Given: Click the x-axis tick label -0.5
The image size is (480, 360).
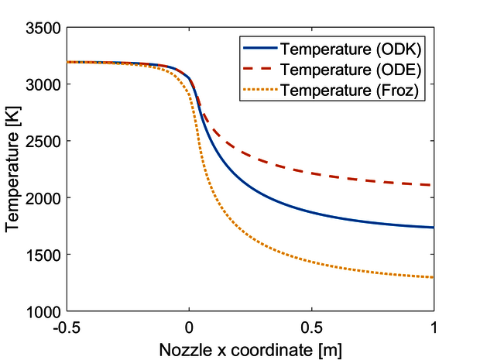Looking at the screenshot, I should tap(67, 326).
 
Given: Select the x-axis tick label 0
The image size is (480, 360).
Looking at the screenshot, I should tap(189, 326).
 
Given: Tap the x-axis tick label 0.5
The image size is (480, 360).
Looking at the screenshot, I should tap(311, 326).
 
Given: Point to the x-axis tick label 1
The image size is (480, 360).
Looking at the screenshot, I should tap(434, 326).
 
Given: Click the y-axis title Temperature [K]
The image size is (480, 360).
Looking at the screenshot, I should tap(13, 170).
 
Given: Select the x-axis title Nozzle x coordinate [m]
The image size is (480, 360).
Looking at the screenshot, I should tap(249, 348).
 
